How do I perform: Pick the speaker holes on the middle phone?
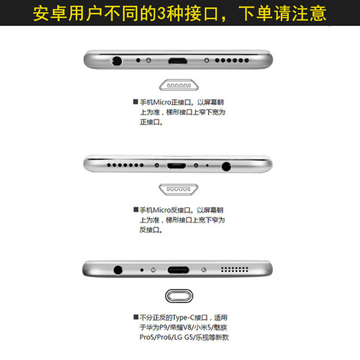(x=127, y=165)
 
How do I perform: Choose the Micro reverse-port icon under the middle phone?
(x=179, y=189)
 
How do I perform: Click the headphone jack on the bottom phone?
(x=117, y=270)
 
